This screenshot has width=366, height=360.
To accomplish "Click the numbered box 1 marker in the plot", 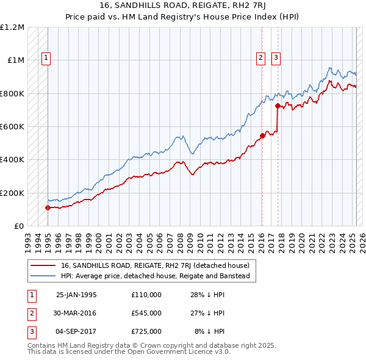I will point(46,58).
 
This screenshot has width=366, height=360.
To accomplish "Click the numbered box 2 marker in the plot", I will point(260,58).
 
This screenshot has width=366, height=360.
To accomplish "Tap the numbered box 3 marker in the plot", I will point(276,58).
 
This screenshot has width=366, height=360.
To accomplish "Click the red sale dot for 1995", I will point(48,207).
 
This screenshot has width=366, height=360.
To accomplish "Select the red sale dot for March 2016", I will point(262,135).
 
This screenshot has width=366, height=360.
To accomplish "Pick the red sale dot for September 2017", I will point(278,106).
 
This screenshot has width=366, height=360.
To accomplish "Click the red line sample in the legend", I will point(44,265).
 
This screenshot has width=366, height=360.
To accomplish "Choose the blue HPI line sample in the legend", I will point(44,276).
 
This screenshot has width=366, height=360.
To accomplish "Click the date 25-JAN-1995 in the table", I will point(76,295).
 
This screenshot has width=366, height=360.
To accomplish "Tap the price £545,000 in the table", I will point(146,313).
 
